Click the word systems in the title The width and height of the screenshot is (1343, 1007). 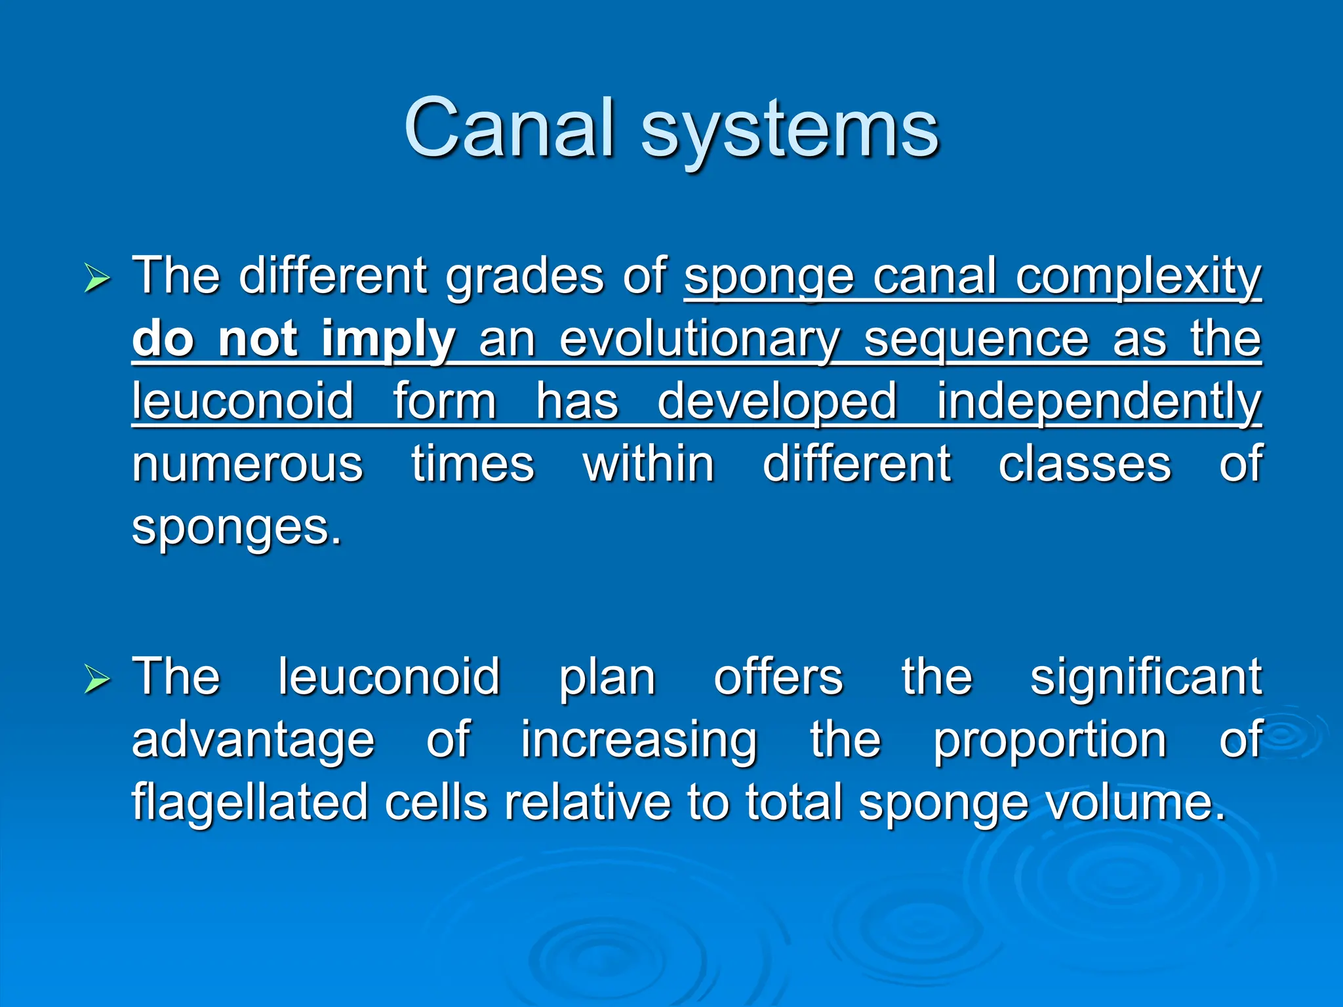coord(790,131)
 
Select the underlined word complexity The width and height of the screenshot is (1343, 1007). coord(1138,278)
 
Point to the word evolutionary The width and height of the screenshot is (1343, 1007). coord(700,341)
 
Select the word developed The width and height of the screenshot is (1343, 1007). coord(776,401)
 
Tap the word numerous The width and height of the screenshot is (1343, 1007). coord(247,464)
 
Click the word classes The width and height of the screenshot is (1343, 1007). coord(1085,464)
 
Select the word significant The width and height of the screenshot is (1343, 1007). coord(1146,678)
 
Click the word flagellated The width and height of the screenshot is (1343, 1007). coord(250,802)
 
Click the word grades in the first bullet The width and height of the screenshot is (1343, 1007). coord(524,278)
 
